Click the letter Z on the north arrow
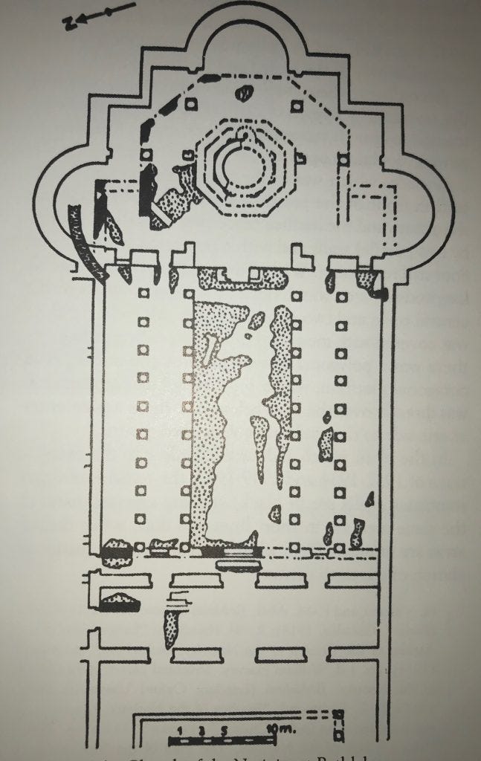pyautogui.click(x=68, y=23)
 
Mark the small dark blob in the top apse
pyautogui.click(x=243, y=94)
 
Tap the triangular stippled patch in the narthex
pyautogui.click(x=120, y=600)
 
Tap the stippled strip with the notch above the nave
pyautogui.click(x=242, y=279)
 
